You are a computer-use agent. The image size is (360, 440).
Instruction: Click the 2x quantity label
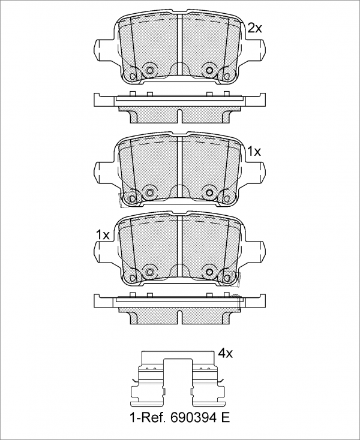tap(254, 28)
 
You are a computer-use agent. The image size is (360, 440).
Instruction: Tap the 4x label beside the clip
tap(226, 354)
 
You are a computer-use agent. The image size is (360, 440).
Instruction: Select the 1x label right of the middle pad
tap(254, 152)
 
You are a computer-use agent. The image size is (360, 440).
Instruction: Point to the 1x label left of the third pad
tap(103, 234)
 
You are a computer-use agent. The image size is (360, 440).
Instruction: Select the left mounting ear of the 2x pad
tap(104, 49)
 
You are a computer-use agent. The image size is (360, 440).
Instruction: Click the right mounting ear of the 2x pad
tap(255, 49)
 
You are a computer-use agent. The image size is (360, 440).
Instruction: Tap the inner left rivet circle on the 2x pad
tap(150, 70)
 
